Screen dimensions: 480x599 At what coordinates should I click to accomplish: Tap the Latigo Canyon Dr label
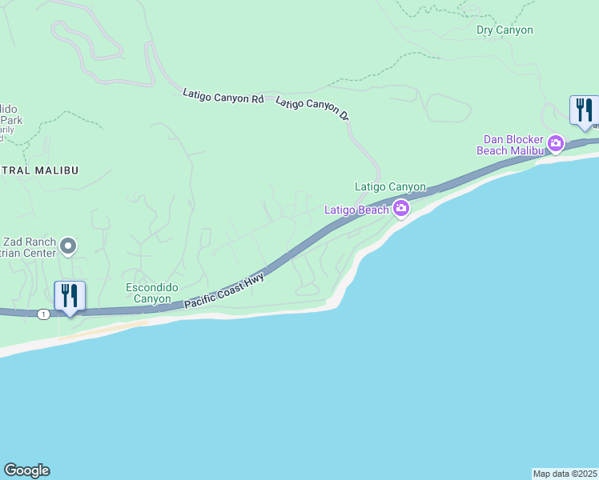pos(313,110)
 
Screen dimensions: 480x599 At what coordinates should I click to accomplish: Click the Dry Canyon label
pos(505,30)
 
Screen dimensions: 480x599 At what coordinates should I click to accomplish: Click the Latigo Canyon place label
pos(390,186)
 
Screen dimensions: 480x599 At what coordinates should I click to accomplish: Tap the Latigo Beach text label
pos(356,210)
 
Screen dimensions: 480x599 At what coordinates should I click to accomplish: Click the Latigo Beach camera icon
pos(401,210)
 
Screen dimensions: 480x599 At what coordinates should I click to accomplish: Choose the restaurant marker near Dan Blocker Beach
pos(585,110)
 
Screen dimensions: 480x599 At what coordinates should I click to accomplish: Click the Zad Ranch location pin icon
pos(68,246)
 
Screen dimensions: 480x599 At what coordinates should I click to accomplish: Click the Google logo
pos(26,470)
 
